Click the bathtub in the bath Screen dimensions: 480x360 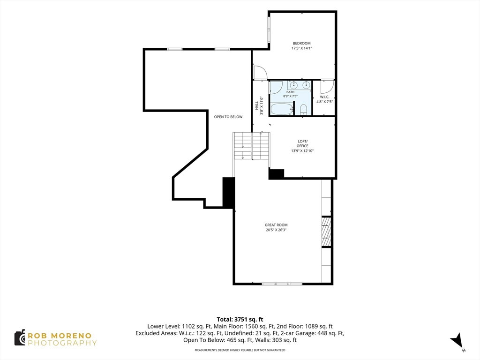(x=282, y=109)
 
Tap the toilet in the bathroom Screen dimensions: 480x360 (x=303, y=110)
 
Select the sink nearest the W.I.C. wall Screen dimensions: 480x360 (x=306, y=84)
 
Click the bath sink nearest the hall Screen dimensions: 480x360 (x=293, y=84)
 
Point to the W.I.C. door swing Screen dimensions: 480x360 (x=327, y=87)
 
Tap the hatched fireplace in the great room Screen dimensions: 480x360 (x=326, y=232)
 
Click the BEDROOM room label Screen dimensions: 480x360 (x=301, y=44)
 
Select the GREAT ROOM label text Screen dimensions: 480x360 (x=276, y=225)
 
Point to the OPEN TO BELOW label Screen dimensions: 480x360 (x=228, y=117)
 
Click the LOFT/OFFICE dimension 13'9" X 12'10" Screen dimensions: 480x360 (x=302, y=150)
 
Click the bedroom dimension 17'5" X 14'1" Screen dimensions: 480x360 (x=301, y=48)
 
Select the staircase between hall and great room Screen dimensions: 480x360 (x=252, y=146)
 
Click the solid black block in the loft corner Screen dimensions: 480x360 (x=277, y=173)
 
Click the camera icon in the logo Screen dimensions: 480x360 (x=20, y=338)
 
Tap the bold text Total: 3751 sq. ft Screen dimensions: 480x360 (x=240, y=320)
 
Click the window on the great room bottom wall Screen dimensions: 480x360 (x=282, y=284)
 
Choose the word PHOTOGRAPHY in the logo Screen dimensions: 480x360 (x=62, y=343)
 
